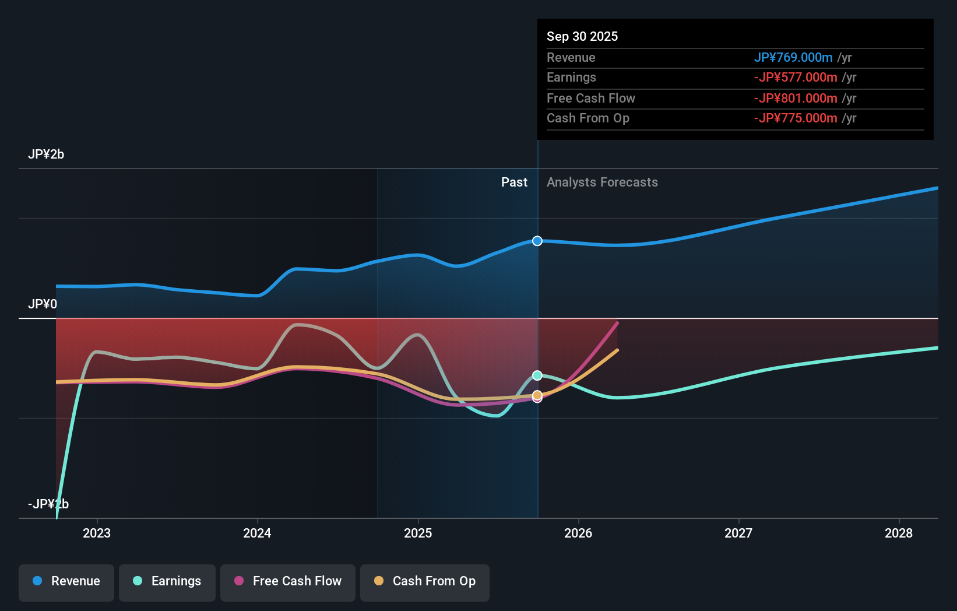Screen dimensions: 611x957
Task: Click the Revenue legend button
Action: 66,581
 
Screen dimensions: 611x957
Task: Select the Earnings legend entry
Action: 167,581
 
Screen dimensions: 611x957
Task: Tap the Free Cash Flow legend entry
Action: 288,581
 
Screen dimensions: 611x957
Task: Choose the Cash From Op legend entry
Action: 425,581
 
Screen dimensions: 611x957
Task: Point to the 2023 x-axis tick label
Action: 97,533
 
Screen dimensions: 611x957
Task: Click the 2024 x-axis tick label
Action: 257,533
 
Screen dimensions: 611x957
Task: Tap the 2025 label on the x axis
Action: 418,533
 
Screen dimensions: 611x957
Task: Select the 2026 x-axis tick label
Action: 578,533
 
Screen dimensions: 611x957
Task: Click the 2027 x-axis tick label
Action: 738,533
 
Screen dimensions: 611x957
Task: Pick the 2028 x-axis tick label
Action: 899,533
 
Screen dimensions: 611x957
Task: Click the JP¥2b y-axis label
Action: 46,154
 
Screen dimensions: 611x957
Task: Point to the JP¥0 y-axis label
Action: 43,304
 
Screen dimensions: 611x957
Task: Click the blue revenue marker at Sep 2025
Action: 537,241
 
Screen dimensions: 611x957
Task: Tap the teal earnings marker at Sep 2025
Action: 537,375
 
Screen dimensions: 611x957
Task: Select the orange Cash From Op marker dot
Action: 537,395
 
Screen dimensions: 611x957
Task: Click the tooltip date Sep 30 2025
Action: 582,36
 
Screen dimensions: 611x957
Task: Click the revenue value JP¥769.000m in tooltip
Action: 793,57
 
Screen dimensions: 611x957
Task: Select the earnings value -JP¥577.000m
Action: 796,78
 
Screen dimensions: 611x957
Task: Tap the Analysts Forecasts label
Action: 602,182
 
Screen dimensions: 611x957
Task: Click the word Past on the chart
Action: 514,182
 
